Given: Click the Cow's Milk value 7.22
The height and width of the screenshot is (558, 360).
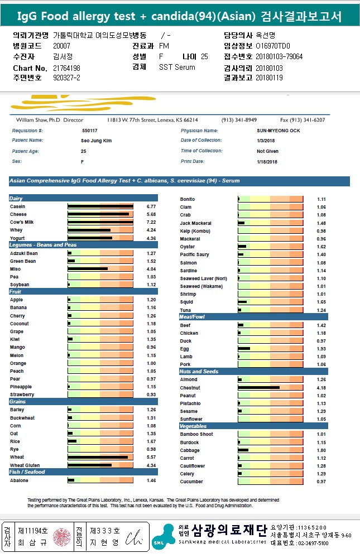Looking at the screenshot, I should tap(151, 222).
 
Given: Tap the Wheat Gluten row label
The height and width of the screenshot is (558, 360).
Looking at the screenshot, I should tap(24, 465).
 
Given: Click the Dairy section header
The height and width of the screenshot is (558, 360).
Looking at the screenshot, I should tap(16, 199).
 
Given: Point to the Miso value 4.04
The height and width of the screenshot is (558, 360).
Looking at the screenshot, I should tap(151, 269).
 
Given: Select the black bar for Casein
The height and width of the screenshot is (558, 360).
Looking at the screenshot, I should tap(100, 206).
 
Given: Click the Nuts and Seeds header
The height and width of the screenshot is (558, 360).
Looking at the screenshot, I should tap(199, 371).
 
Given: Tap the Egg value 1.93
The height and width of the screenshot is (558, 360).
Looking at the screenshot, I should tap(321, 349).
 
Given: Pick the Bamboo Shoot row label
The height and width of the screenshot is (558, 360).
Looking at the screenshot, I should tap(196, 434).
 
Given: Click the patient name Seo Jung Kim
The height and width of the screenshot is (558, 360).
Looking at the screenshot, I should tap(97, 141).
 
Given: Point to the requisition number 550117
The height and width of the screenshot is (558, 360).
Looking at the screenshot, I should tap(89, 131).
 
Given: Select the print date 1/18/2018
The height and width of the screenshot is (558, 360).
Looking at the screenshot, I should tap(267, 161).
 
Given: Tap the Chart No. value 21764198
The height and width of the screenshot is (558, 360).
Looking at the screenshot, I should tap(66, 68).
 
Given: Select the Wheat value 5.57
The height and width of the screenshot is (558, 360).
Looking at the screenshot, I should tap(151, 457).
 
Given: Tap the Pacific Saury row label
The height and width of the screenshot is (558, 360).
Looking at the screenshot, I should tap(194, 254).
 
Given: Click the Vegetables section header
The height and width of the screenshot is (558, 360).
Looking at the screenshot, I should tap(193, 426).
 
